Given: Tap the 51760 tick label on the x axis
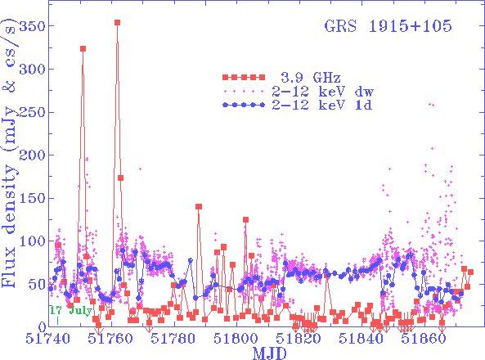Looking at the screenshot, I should coord(111,338).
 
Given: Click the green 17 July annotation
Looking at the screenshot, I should coord(69,311).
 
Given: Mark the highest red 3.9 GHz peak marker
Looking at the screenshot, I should coord(118,23).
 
